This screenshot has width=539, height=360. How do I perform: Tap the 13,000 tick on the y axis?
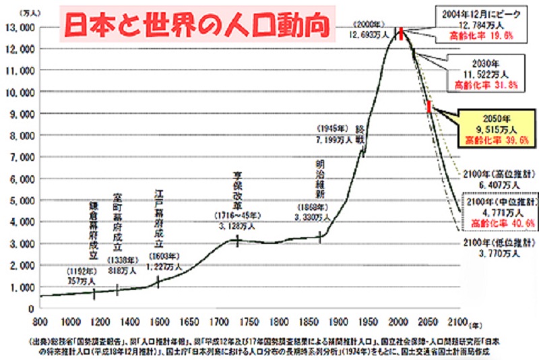pos(22,27)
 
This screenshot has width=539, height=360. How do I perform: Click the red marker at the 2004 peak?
pos(400,34)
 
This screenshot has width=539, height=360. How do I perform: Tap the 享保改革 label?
pos(237,187)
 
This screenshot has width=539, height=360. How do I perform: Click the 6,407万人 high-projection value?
pos(497,184)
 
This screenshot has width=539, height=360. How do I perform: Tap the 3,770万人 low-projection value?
pos(497,253)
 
